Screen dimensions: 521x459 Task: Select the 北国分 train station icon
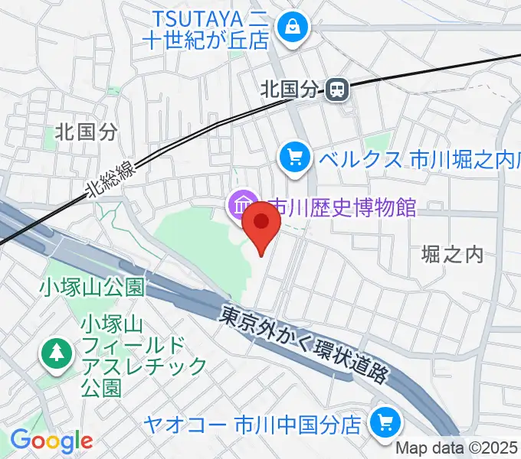335,90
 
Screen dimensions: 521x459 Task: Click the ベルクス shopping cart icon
293,158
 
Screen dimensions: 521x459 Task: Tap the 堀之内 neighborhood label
454,255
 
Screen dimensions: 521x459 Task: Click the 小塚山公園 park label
93,288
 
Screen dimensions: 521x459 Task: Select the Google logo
51,440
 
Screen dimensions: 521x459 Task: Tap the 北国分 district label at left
87,132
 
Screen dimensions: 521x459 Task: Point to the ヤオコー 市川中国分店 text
253,422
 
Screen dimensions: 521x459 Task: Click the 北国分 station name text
288,90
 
